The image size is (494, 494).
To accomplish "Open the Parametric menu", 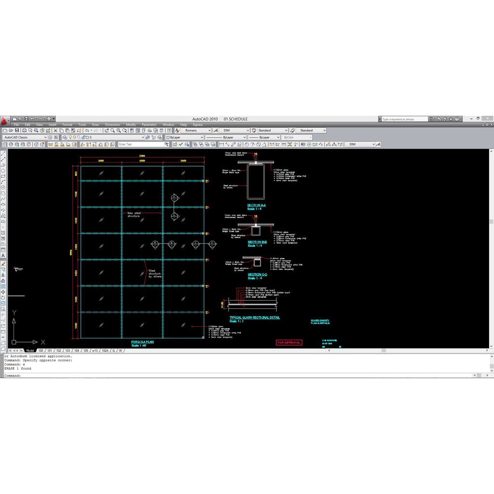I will (149, 125).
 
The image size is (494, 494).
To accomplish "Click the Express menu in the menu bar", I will (198, 125).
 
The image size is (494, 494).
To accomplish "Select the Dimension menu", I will (112, 125).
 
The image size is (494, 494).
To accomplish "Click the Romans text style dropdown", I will (197, 130).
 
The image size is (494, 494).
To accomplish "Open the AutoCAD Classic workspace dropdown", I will (25, 137).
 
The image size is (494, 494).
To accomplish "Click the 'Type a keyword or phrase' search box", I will (404, 119).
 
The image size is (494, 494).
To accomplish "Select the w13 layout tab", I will (95, 351).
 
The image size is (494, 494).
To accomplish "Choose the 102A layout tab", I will (105, 351).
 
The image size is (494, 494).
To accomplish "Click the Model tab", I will (30, 351).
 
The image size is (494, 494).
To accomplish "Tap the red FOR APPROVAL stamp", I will (289, 343).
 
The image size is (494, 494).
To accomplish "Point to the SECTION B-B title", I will (257, 242).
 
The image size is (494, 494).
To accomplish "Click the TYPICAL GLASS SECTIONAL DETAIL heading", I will (254, 317).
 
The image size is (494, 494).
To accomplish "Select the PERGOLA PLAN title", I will (142, 342).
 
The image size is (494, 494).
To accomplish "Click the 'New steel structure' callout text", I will (133, 214).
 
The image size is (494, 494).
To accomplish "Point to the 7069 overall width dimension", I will (142, 156).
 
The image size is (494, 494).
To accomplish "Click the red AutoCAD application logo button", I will (4, 121).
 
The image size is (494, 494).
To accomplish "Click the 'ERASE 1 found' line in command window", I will (18, 369).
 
